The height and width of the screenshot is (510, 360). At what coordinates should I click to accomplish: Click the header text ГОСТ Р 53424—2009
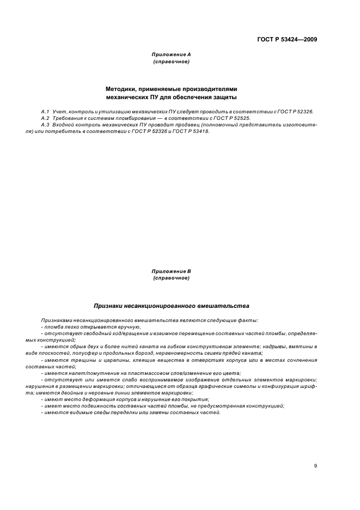(287, 39)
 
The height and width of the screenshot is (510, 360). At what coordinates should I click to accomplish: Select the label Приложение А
(171, 54)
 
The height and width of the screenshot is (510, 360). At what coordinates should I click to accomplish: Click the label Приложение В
(171, 271)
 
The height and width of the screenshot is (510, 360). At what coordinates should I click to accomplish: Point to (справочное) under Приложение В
(171, 278)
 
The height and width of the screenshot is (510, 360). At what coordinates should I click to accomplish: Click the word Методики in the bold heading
(121, 88)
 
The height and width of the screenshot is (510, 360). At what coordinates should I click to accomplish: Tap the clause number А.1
(45, 111)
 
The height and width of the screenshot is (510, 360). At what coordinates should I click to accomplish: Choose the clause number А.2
(45, 118)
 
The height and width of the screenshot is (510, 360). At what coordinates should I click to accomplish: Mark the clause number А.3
(45, 124)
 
